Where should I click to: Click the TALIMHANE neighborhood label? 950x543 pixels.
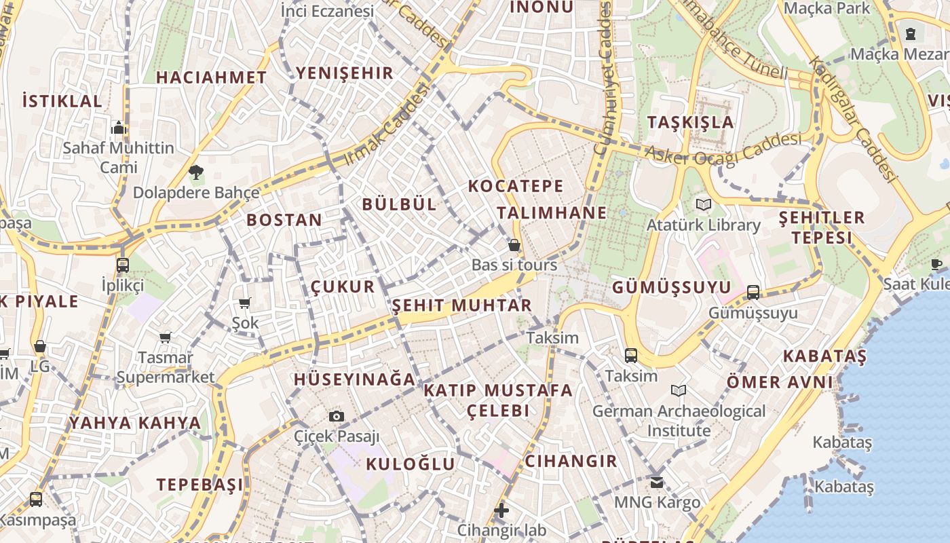[552, 212]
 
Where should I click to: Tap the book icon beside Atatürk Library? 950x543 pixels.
[704, 204]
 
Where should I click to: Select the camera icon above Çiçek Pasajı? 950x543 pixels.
[336, 416]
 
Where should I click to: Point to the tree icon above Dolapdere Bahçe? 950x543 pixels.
[196, 172]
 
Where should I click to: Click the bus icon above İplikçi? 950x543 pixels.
[123, 265]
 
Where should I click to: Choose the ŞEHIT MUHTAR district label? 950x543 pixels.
[461, 305]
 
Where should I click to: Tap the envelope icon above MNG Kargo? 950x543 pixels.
[656, 483]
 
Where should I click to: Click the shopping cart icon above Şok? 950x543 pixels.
[245, 303]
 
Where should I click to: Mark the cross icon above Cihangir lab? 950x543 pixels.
[501, 510]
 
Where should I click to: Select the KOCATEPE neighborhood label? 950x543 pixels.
[516, 186]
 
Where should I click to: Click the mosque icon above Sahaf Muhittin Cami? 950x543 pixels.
[119, 128]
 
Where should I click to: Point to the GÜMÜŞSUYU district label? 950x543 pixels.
[672, 288]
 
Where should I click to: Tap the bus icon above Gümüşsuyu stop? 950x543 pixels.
[753, 293]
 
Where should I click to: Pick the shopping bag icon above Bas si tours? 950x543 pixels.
[514, 245]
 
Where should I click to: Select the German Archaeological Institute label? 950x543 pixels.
[679, 421]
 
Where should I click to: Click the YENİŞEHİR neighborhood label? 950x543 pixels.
[345, 73]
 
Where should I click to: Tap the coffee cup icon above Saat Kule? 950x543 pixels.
[936, 264]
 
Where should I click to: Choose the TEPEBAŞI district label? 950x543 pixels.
[199, 485]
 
